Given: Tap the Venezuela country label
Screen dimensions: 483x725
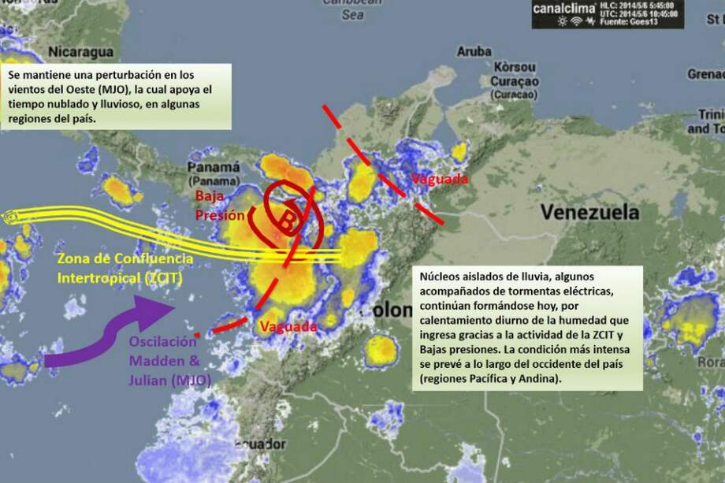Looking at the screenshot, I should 589,212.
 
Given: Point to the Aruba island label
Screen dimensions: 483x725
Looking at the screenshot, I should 474,51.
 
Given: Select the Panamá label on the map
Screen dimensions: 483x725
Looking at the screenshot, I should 214,168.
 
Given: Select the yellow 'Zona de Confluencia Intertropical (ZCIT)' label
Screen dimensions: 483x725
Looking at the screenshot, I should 124,268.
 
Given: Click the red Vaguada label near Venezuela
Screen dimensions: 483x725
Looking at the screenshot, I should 440,179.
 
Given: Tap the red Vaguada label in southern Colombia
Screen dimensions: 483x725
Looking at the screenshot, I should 288,326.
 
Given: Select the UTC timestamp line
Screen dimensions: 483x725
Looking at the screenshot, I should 639,13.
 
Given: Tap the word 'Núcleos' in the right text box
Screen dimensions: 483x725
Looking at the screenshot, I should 441,277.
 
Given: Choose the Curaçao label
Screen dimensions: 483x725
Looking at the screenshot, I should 514,82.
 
